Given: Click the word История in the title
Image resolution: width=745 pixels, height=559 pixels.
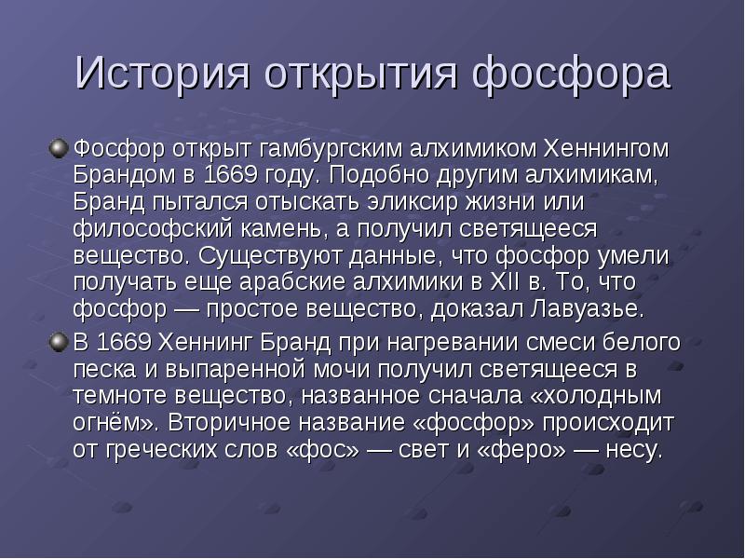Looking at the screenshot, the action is pos(162,73).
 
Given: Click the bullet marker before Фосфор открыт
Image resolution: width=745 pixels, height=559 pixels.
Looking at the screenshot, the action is pos(59,149).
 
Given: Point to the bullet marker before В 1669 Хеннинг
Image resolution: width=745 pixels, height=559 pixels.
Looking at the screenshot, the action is pos(59,342).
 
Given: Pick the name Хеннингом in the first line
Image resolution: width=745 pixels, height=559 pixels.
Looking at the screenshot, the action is pos(606,148).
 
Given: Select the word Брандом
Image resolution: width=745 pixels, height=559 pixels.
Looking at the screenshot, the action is pos(125,175).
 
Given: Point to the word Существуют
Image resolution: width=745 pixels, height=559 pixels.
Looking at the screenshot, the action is pos(270,255).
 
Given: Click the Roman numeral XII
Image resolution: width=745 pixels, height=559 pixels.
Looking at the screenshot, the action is pos(505,282).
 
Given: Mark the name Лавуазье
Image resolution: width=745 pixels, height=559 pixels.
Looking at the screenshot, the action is pos(588,309).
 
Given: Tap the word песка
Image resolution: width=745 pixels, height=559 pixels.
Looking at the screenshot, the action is pos(104,370).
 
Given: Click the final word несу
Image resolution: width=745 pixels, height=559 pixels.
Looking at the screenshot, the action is pos(634,450).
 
